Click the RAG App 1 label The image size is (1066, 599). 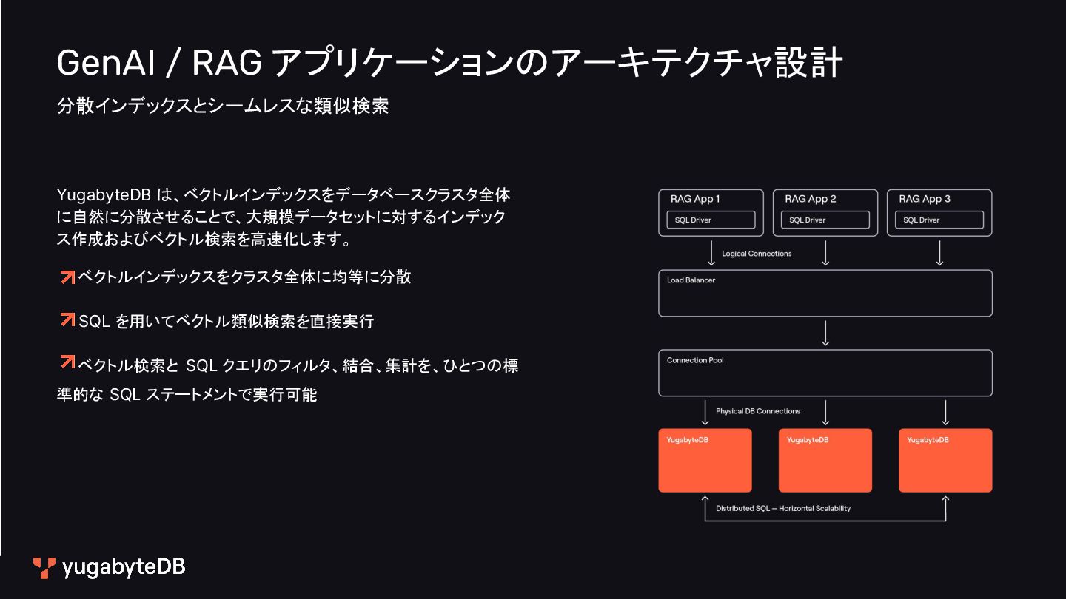pyautogui.click(x=694, y=199)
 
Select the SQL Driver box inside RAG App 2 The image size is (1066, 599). pyautogui.click(x=825, y=220)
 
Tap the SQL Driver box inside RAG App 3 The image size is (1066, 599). pyautogui.click(x=939, y=220)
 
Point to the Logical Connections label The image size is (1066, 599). pyautogui.click(x=757, y=254)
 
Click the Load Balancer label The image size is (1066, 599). pyautogui.click(x=691, y=280)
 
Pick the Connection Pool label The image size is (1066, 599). pyautogui.click(x=695, y=360)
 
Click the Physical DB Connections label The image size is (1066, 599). pyautogui.click(x=757, y=411)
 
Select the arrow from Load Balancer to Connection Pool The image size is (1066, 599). pyautogui.click(x=825, y=333)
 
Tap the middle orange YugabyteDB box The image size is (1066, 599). pyautogui.click(x=825, y=460)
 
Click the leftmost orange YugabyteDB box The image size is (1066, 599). pyautogui.click(x=705, y=460)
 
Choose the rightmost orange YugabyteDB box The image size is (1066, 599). pyautogui.click(x=945, y=460)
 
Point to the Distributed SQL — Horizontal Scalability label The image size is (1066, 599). pyautogui.click(x=782, y=509)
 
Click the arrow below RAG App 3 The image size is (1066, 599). pyautogui.click(x=939, y=253)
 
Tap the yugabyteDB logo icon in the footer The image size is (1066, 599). pyautogui.click(x=44, y=567)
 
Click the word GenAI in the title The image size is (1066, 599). pyautogui.click(x=105, y=64)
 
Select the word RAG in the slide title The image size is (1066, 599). pyautogui.click(x=227, y=64)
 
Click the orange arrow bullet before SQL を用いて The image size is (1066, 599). pyautogui.click(x=67, y=320)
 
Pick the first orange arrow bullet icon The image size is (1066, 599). pyautogui.click(x=67, y=277)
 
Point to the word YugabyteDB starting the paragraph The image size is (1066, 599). pyautogui.click(x=103, y=195)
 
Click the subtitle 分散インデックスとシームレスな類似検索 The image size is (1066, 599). pyautogui.click(x=223, y=106)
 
